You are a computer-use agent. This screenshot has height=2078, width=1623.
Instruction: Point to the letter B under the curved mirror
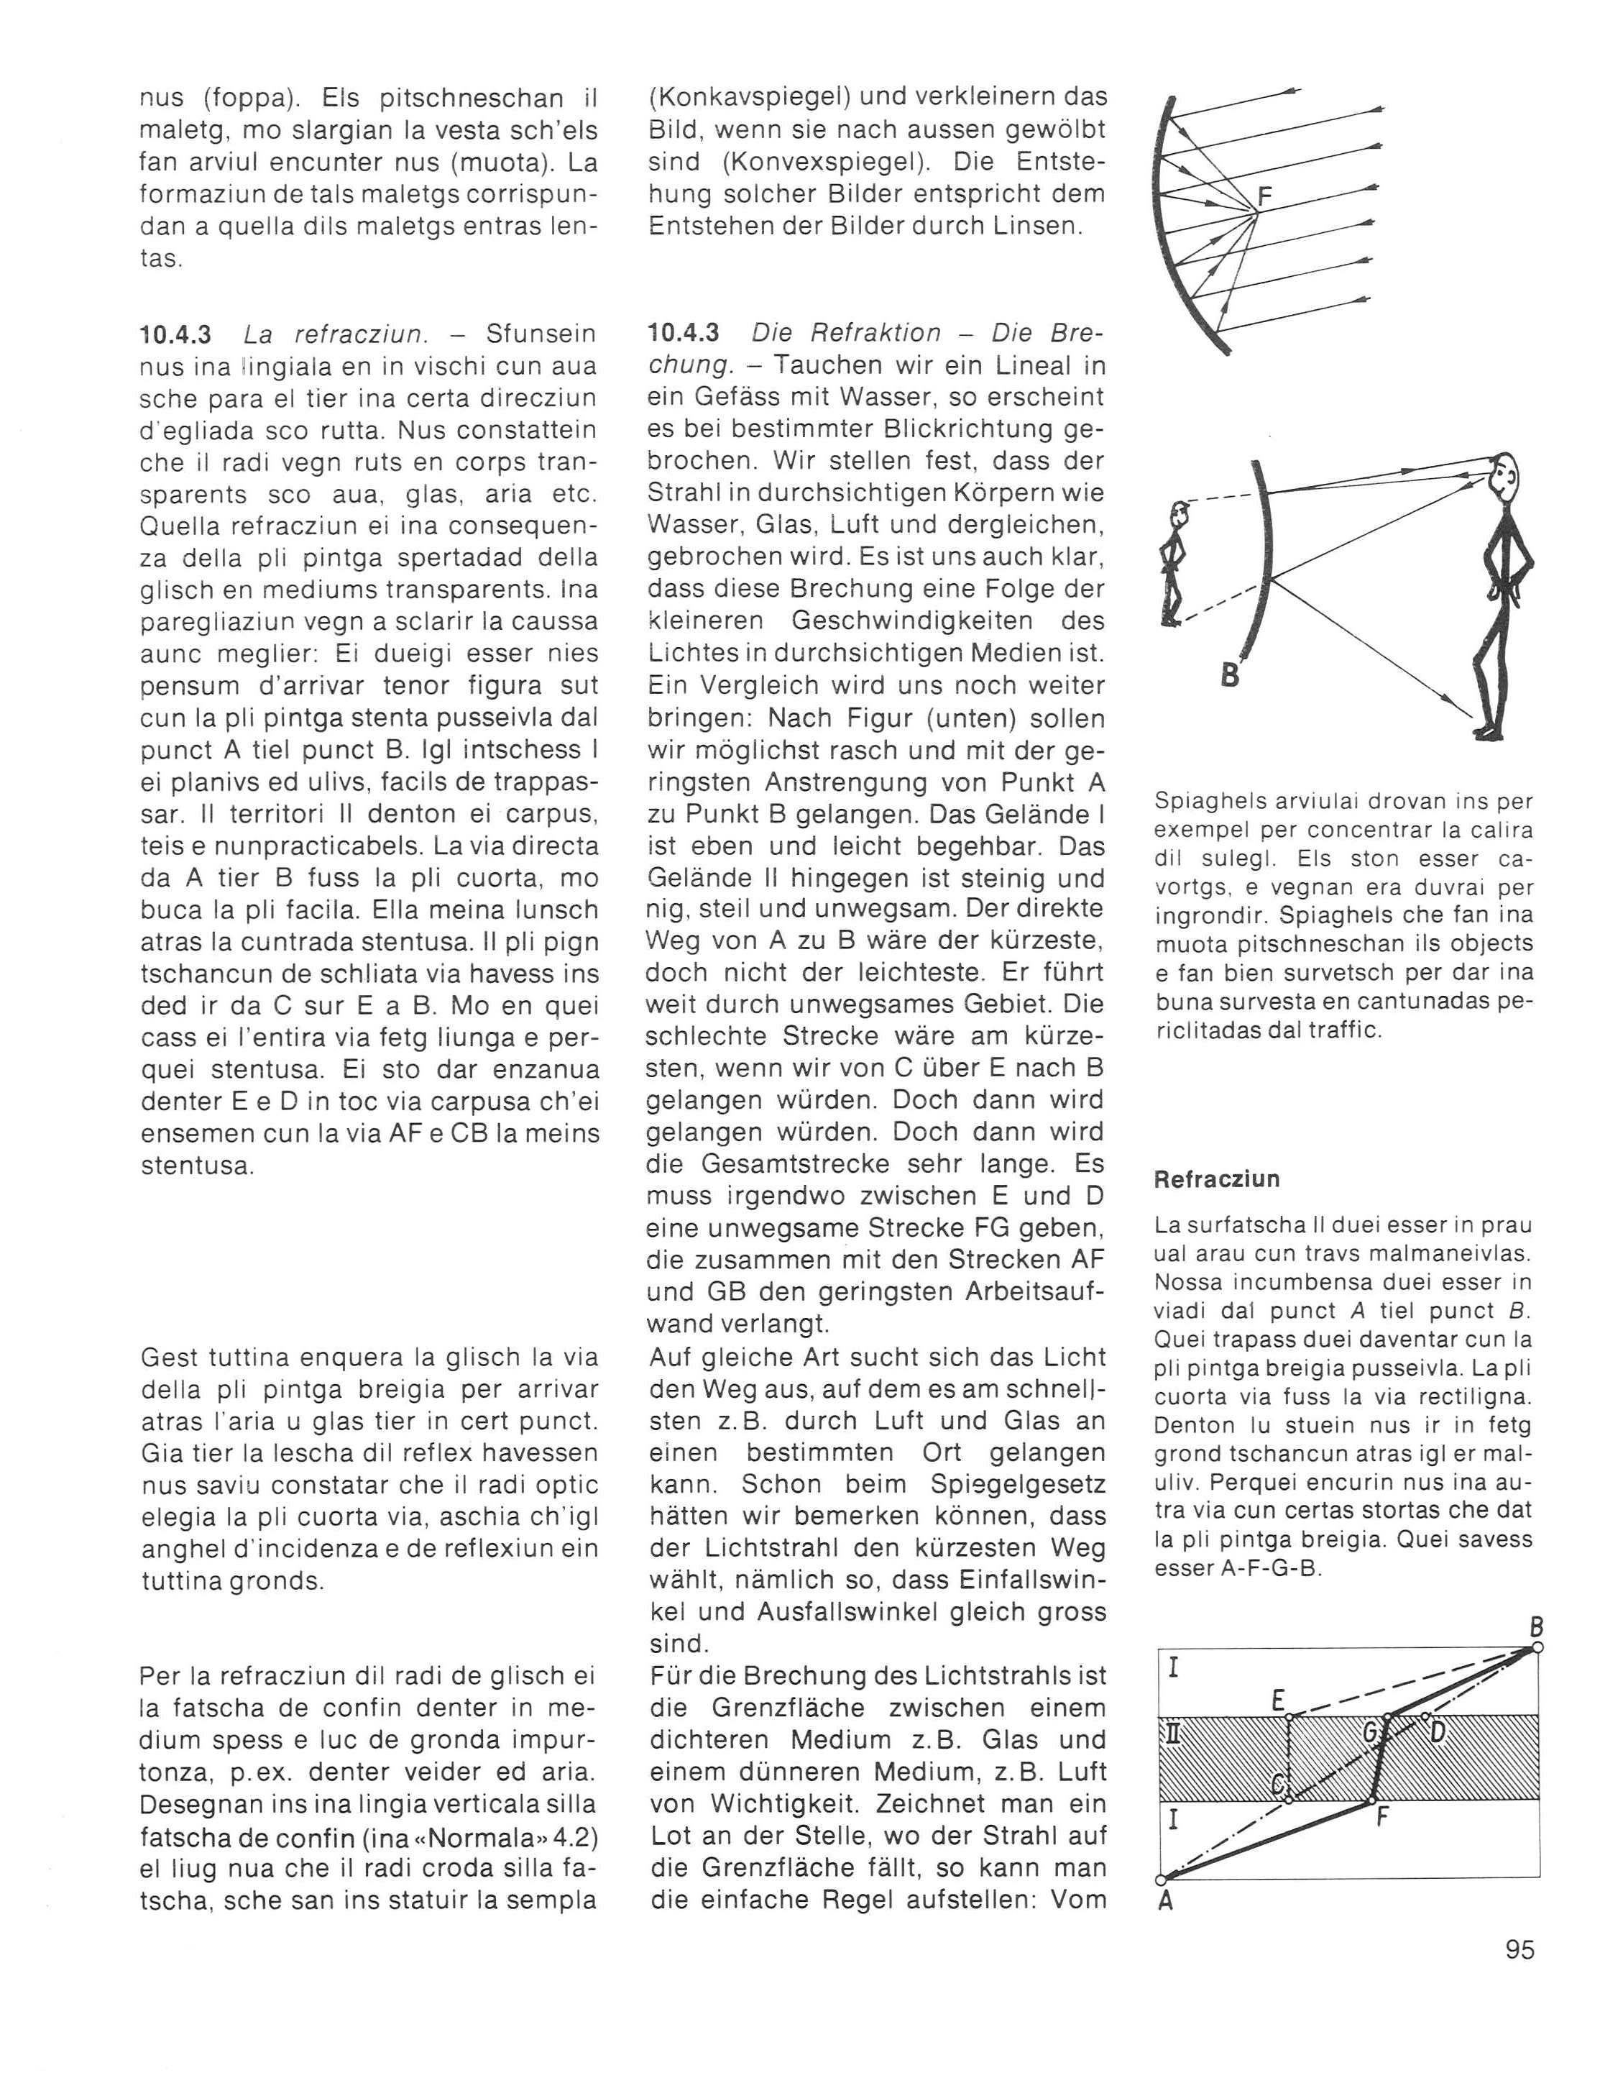1229,676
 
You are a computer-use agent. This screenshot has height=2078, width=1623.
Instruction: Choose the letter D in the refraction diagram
1438,1731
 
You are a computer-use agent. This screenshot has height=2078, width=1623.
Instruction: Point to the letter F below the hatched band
1383,1814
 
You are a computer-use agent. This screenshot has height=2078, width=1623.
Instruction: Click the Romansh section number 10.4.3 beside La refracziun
175,334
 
